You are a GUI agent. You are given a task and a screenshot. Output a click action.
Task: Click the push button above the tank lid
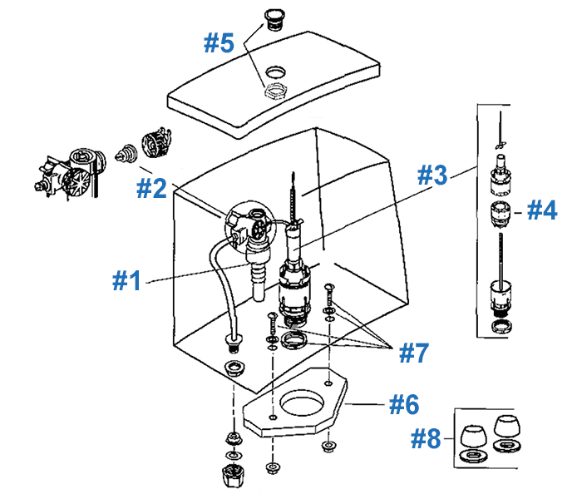click(272, 19)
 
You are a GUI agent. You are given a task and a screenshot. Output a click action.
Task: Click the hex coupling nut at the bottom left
click(231, 477)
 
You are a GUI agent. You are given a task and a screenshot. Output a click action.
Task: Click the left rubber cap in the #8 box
click(473, 433)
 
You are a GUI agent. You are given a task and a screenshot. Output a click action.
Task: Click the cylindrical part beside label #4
click(501, 212)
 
